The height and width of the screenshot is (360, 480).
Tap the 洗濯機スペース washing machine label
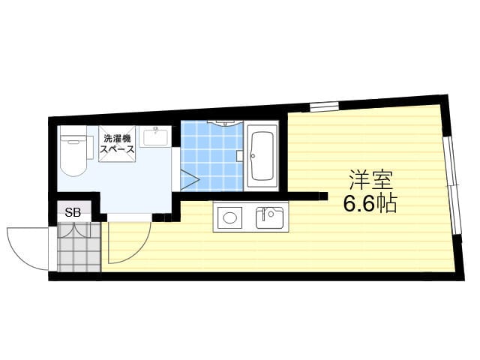(118, 144)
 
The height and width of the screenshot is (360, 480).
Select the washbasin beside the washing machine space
(155, 136)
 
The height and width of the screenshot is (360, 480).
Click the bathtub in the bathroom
(262, 156)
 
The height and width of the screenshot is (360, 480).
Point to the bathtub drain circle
(253, 156)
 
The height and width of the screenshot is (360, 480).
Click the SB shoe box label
(73, 212)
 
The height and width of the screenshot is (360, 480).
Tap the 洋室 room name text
(371, 180)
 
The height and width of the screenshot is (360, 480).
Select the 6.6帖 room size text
(370, 203)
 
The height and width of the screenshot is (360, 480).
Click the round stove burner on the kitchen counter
(229, 217)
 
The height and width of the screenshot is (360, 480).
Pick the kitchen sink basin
(270, 217)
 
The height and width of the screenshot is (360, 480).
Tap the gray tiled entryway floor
(79, 247)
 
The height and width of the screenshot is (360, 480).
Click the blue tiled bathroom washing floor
(211, 156)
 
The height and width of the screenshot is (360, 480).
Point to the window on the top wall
(324, 106)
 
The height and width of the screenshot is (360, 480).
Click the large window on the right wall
(453, 185)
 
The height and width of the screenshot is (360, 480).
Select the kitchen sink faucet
(264, 213)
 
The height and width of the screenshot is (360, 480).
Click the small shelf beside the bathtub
(240, 155)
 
